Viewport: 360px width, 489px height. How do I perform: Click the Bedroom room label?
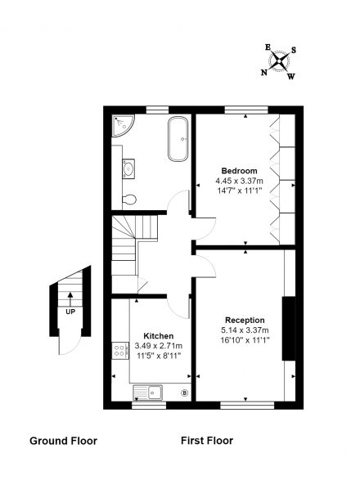click(x=239, y=171)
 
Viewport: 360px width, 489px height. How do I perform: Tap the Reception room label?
click(x=245, y=321)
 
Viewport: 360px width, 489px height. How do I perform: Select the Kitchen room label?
click(x=159, y=336)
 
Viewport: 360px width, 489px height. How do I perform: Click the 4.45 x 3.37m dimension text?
click(x=239, y=181)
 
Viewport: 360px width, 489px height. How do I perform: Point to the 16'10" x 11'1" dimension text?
click(x=245, y=340)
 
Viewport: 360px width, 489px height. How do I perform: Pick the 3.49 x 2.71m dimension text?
click(x=159, y=346)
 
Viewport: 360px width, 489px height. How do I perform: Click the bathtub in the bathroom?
click(x=178, y=139)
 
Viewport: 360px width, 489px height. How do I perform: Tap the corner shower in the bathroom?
click(x=123, y=125)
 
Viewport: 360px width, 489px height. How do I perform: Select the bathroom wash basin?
click(x=128, y=168)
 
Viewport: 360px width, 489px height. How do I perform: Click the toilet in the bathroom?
click(x=129, y=200)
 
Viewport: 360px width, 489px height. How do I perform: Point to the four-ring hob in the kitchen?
click(x=120, y=351)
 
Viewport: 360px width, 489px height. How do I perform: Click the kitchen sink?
click(x=147, y=393)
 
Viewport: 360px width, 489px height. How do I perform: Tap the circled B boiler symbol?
click(x=185, y=393)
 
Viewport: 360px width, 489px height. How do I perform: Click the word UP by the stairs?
click(x=70, y=312)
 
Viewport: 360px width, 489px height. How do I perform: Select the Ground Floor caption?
click(x=63, y=441)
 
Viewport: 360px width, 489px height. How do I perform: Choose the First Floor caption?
click(x=207, y=441)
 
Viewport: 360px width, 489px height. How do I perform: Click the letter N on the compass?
click(x=264, y=73)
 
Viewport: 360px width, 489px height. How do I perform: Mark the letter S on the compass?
click(x=294, y=50)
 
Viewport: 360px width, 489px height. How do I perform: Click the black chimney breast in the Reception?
click(x=289, y=329)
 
